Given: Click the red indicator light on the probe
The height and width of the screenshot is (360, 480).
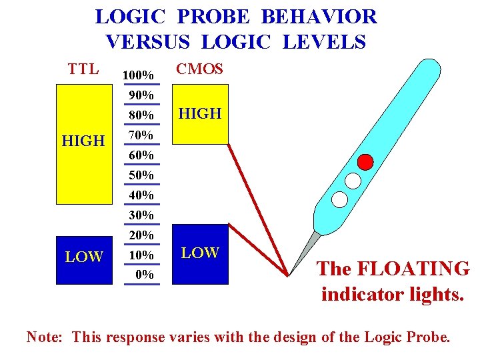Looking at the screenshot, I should click(365, 161).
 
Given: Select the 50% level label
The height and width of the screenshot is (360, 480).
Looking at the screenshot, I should click(141, 175).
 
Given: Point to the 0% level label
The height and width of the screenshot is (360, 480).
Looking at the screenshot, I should click(144, 274).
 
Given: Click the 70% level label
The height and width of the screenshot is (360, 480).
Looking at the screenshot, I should click(141, 135).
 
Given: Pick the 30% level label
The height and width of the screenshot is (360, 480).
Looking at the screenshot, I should click(141, 215).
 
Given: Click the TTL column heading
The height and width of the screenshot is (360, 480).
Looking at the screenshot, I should click(83, 69).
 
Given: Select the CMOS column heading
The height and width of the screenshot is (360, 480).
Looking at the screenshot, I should click(199, 69).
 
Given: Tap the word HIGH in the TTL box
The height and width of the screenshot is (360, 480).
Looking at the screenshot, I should click(83, 141).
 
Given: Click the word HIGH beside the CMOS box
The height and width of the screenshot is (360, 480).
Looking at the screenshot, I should click(200, 114).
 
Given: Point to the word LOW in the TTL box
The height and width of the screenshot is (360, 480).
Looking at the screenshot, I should click(84, 257).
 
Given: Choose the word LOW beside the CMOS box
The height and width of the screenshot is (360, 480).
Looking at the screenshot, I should click(200, 253).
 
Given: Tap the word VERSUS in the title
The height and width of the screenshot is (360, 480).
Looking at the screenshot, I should click(149, 42).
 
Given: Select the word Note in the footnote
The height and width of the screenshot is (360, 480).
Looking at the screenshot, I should click(44, 337).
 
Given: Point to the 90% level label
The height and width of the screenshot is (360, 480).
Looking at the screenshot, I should click(141, 95).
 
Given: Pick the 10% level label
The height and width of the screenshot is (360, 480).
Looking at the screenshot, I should click(141, 255).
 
